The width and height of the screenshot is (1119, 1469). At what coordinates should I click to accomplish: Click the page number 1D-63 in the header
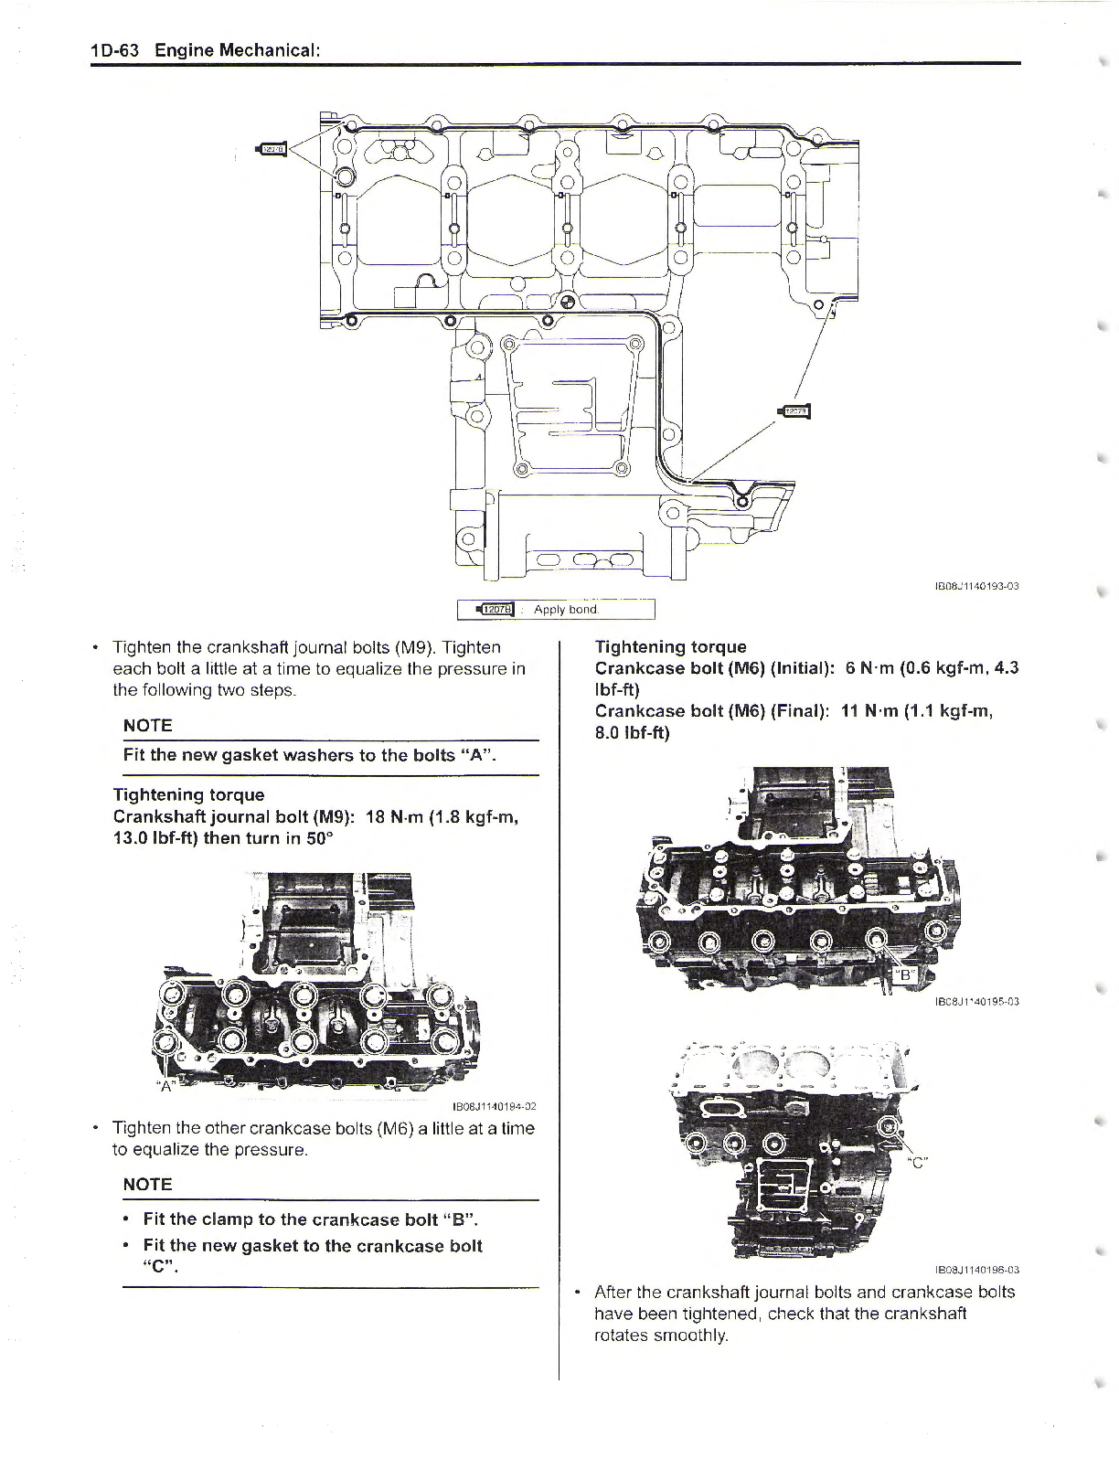(x=114, y=50)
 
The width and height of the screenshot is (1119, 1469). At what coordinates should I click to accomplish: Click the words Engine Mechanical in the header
(x=237, y=50)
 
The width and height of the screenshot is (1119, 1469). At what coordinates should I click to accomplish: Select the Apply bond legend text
(x=566, y=610)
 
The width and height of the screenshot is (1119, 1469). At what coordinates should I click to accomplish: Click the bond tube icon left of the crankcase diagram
(x=273, y=149)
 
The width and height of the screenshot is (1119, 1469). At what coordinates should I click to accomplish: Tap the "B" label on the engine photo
(x=903, y=975)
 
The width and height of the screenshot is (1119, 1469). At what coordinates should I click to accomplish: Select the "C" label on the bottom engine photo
(x=918, y=1162)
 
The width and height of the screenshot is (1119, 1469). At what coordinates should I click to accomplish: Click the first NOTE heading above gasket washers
(x=147, y=726)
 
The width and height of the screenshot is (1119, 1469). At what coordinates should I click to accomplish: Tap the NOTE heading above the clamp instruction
(x=147, y=1185)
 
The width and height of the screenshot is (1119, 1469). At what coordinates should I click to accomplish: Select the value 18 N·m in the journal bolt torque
(x=392, y=816)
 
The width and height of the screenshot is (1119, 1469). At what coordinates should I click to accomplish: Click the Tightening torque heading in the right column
(x=670, y=647)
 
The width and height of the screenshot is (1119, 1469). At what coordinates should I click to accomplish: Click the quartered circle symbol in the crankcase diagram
(x=567, y=303)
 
